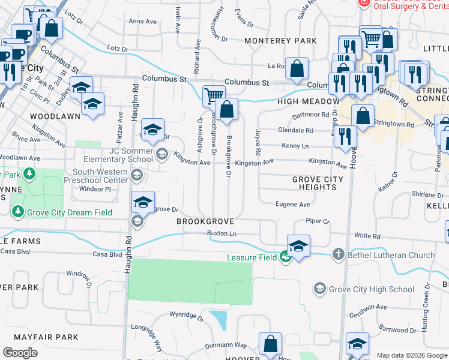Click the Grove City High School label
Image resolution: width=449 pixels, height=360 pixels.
[x=372, y=289]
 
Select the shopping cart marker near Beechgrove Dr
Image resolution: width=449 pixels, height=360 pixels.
[x=214, y=96]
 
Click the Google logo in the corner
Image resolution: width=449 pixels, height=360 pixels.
[x=20, y=352]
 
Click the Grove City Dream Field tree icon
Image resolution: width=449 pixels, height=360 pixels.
[x=18, y=212]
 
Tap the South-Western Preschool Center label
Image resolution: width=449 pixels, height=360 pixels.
[x=101, y=175]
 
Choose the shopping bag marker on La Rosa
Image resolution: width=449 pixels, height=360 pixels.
[x=297, y=68]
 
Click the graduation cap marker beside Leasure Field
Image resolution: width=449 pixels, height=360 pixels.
[x=298, y=245]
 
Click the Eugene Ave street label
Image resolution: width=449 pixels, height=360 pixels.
[x=292, y=205]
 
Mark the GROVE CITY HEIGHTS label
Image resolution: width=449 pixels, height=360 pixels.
[x=318, y=183]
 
